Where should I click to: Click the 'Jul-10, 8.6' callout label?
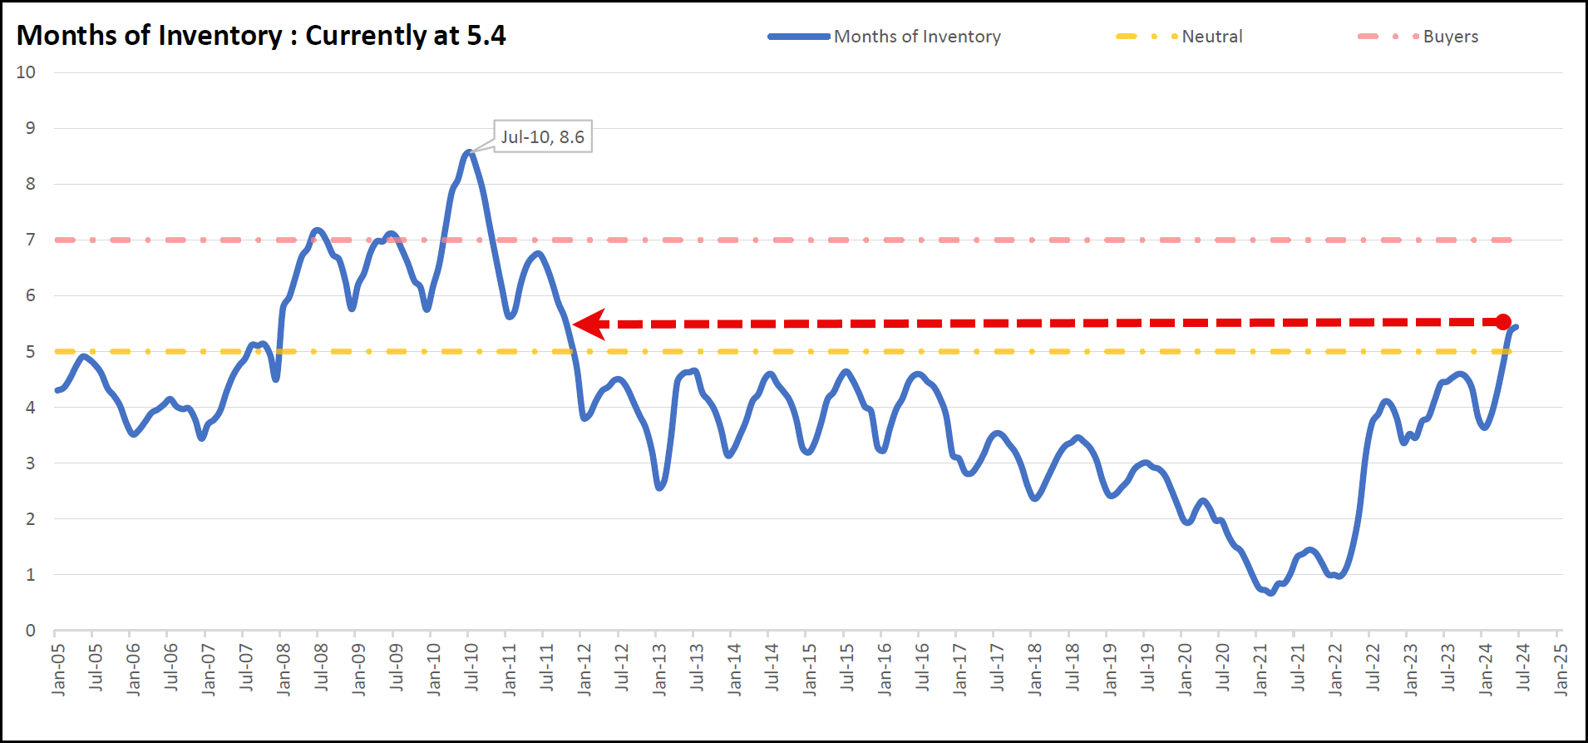tap(543, 136)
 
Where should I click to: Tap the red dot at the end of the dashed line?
tap(1503, 322)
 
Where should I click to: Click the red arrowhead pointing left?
tap(589, 324)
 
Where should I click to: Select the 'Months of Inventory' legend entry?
tap(916, 37)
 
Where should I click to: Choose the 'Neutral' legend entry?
tap(1211, 37)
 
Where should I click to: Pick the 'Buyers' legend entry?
tap(1450, 37)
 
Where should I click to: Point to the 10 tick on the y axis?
tap(26, 72)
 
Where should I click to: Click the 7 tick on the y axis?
tap(31, 240)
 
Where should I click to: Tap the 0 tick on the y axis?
tap(31, 630)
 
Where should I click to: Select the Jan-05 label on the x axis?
tap(58, 669)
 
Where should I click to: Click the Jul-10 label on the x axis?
tap(471, 667)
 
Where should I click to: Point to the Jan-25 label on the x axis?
tap(1561, 669)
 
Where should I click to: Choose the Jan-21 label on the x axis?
tap(1260, 669)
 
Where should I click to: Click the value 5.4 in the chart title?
tap(486, 35)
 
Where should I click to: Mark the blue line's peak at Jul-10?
tap(469, 152)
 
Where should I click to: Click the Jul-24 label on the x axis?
tap(1523, 667)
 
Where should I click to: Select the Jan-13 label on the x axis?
tap(659, 669)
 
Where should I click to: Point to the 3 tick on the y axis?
tap(31, 463)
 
